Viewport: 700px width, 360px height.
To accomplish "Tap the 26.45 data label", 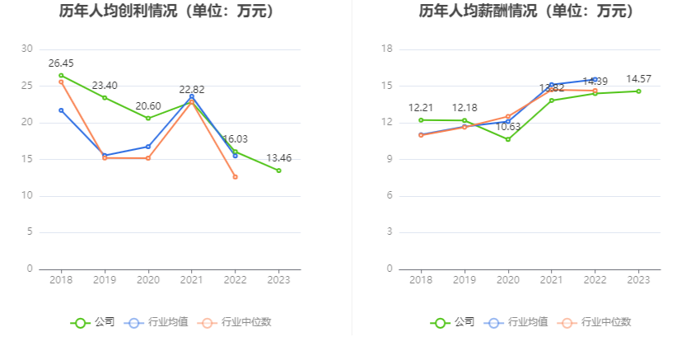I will pos(61,63).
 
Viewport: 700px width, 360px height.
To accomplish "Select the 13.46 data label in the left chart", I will pos(278,158).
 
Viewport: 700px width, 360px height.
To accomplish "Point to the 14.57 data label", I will pos(638,79).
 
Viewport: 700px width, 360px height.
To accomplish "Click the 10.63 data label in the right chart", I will pos(508,127).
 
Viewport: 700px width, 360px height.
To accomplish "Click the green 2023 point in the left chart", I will pos(278,171).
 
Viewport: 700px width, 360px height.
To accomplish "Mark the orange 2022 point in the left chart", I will pos(235,177).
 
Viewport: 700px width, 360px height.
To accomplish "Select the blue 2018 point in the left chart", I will pos(61,110).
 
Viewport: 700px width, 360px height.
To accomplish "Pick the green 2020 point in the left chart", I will pos(148,118).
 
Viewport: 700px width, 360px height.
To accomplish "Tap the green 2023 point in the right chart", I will pos(638,91).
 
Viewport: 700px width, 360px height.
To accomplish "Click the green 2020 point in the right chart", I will pos(508,139).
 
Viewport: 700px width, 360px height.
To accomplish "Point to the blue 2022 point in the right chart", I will pos(595,79).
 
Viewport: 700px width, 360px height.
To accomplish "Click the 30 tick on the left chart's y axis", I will pos(28,49).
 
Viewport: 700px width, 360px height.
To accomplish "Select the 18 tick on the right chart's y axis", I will pos(387,49).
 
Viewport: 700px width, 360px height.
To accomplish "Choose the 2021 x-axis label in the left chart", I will pos(191,280).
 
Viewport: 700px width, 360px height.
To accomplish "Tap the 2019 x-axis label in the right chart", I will pos(464,280).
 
